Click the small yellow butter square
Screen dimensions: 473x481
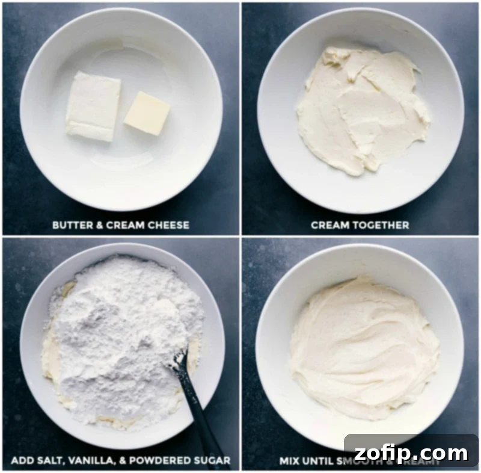click(147, 113)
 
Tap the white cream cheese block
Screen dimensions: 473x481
click(93, 107)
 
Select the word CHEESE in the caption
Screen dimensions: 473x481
click(169, 226)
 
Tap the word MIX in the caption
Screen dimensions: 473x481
click(290, 462)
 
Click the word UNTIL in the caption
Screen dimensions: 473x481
click(319, 462)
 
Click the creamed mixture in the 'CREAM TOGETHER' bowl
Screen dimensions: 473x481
click(361, 111)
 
